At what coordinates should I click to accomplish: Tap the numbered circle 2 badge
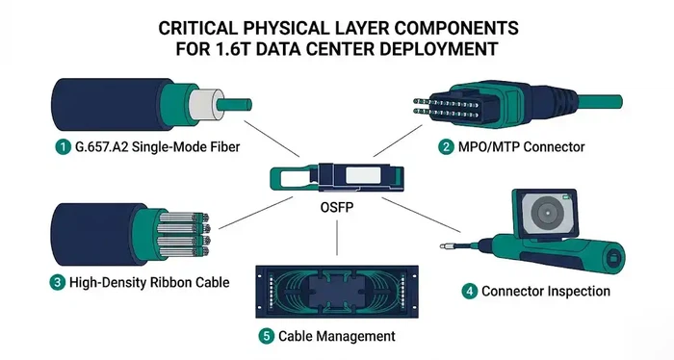pos(447,147)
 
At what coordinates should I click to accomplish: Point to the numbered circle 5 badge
pos(266,337)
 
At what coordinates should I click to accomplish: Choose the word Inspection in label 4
pos(582,290)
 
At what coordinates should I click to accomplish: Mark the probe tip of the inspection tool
pos(444,249)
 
